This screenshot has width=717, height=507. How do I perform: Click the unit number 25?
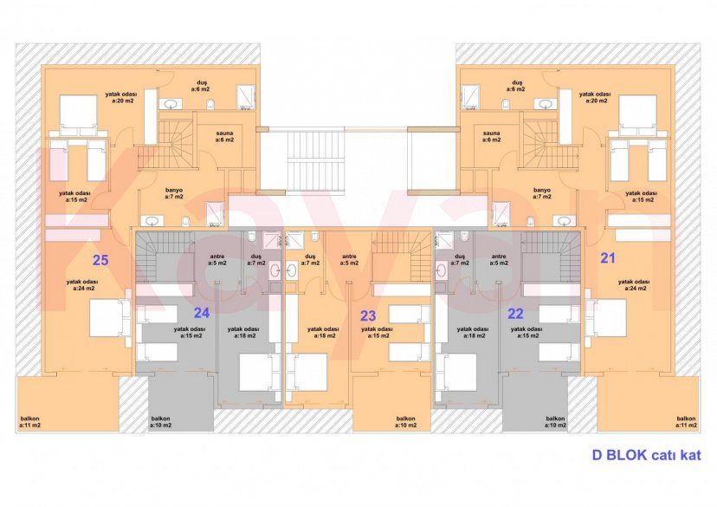tap(100, 259)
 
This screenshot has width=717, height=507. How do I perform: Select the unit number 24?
tap(202, 312)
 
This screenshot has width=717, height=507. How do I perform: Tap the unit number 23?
tap(369, 315)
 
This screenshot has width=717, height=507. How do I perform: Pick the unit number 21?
tap(608, 257)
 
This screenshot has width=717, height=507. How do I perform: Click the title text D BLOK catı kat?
tap(647, 454)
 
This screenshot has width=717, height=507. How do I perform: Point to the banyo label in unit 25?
tap(173, 192)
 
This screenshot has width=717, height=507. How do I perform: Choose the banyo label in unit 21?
tap(542, 192)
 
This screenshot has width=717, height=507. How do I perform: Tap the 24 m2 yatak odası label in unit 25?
tap(84, 285)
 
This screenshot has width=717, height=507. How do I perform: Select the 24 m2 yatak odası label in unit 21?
tap(633, 285)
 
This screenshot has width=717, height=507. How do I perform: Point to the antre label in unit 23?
tap(350, 259)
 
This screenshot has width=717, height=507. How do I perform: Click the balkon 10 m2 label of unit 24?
tap(164, 423)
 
